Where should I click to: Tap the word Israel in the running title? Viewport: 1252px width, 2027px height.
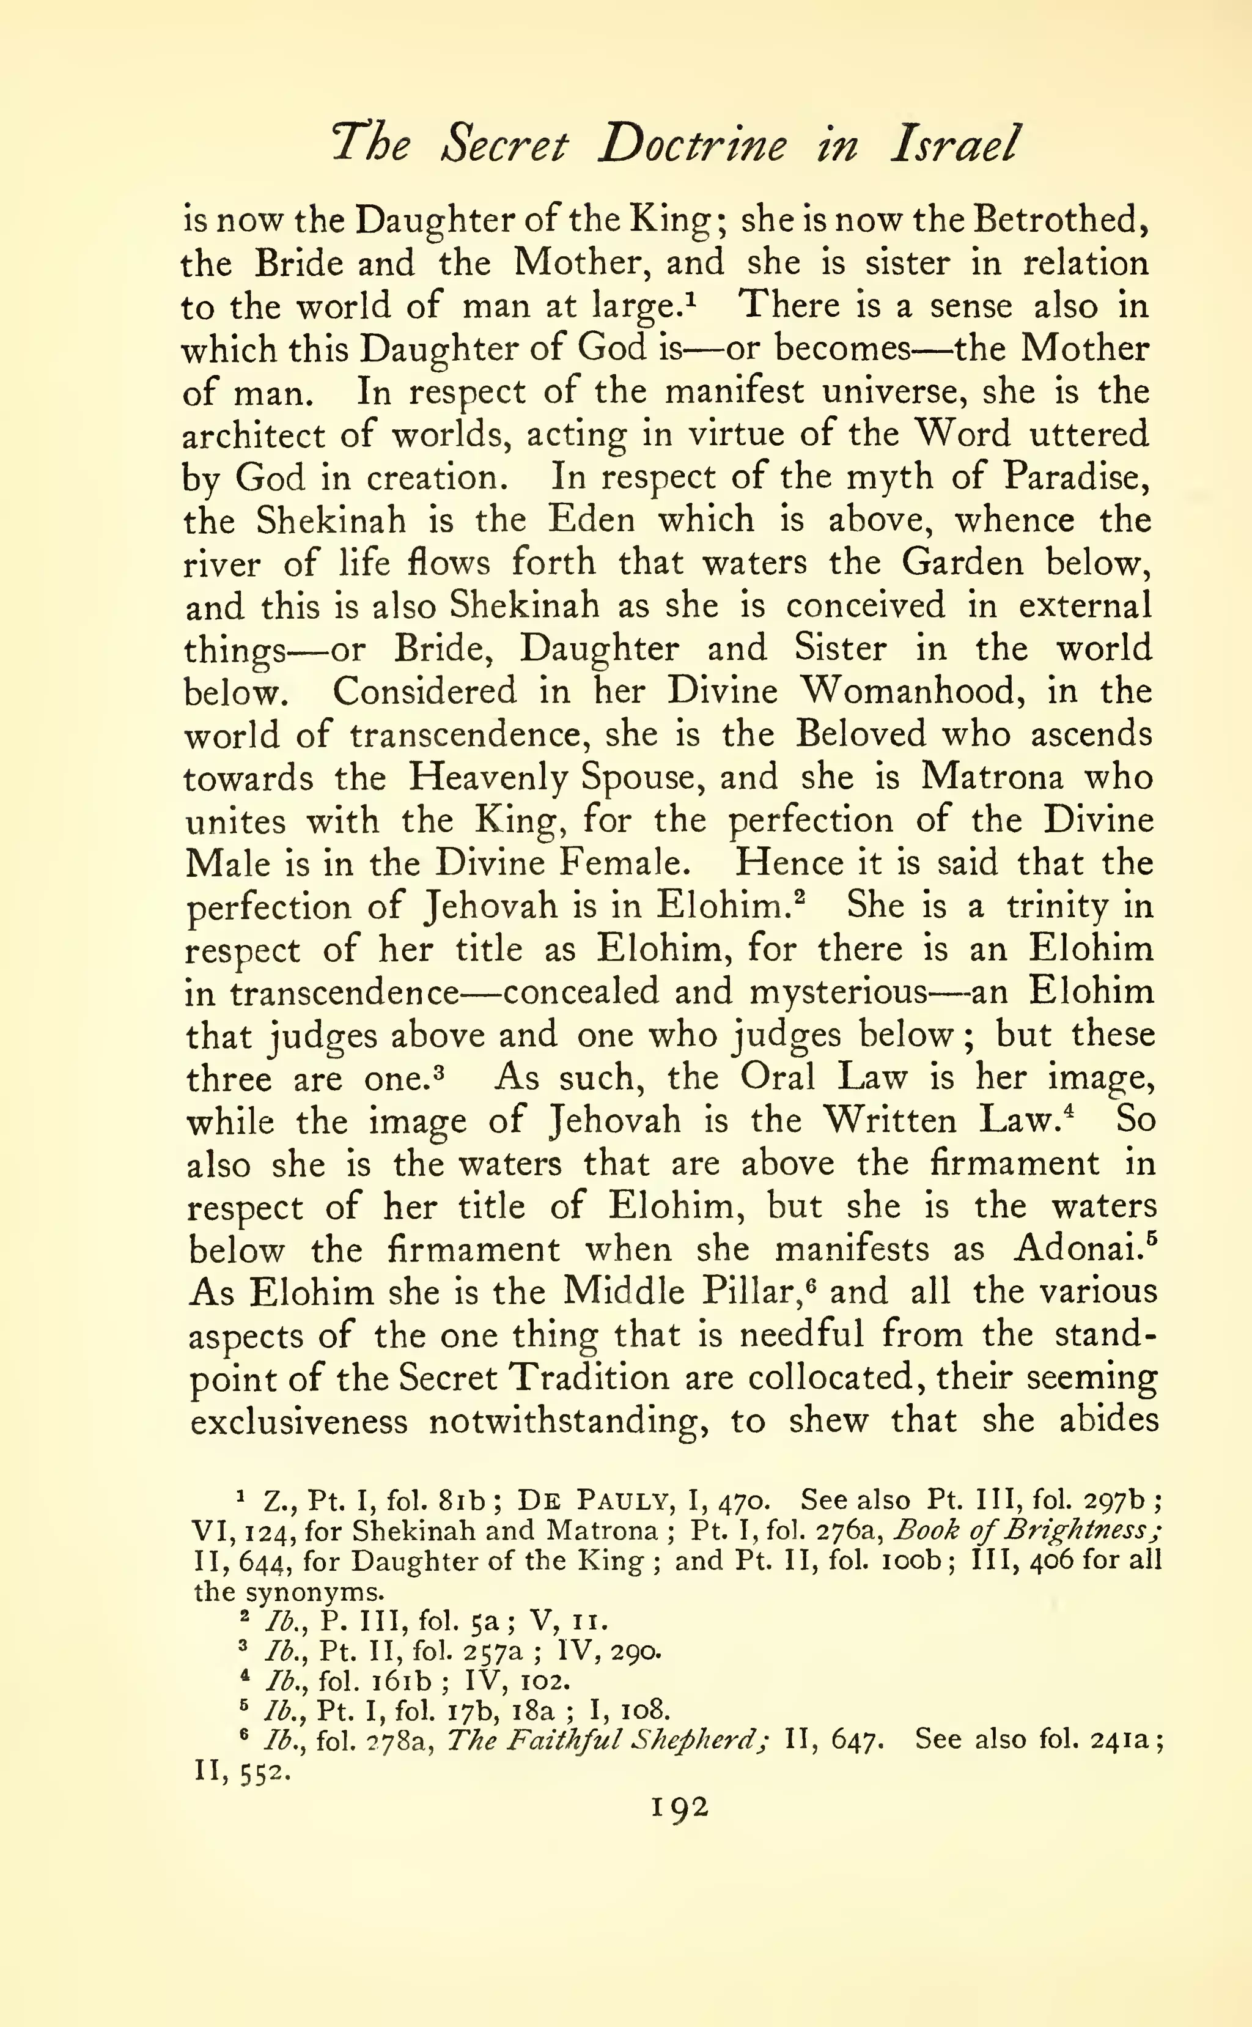click(x=953, y=146)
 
